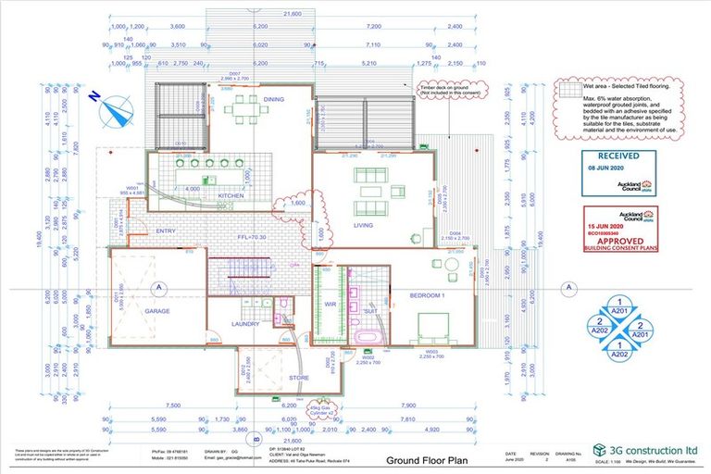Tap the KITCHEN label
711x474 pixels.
[231, 196]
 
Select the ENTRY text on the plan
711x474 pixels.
[166, 231]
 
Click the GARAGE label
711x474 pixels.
[156, 313]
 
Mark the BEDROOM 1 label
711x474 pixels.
[429, 295]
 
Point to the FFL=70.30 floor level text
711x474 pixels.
[251, 238]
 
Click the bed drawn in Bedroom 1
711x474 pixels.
[433, 326]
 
